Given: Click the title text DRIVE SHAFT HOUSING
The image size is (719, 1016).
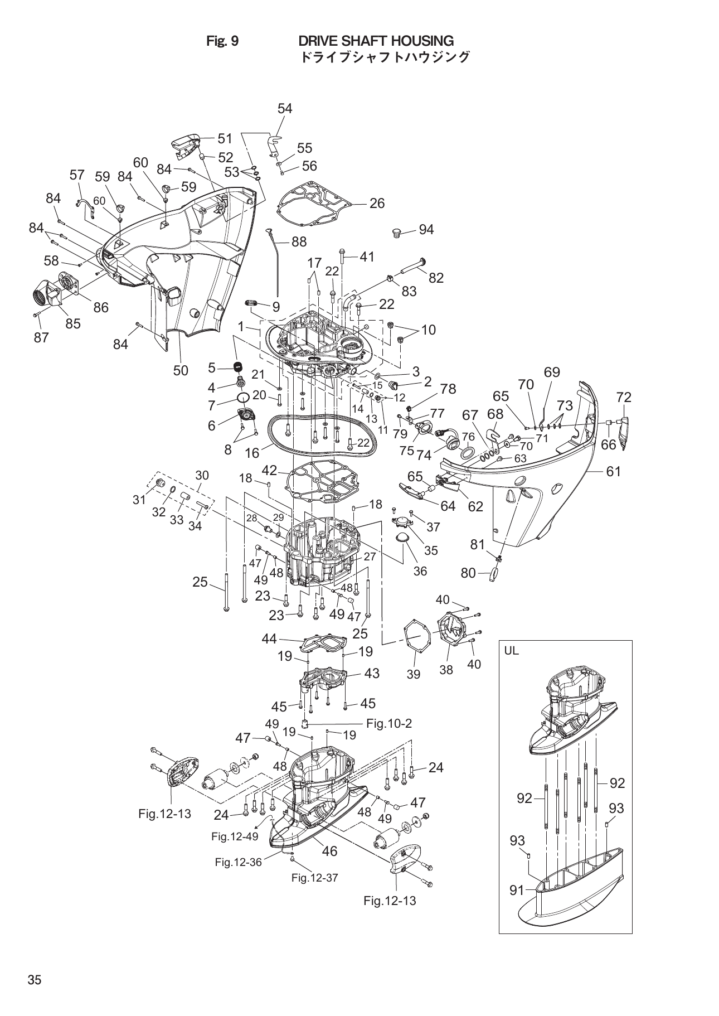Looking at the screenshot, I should tap(376, 41).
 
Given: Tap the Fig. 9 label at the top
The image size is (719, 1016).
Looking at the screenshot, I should tap(222, 41).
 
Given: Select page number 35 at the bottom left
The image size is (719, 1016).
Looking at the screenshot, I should tap(35, 981).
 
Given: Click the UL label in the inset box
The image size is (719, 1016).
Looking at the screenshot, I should tap(511, 651).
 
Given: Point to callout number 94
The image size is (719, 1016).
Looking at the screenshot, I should tap(426, 230).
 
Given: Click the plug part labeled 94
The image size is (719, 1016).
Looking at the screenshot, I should tap(397, 231).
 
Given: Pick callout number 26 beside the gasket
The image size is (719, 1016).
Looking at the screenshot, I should tap(377, 204).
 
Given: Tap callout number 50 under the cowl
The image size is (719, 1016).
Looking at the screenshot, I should tap(181, 370).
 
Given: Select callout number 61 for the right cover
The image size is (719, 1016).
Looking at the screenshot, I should tap(613, 471).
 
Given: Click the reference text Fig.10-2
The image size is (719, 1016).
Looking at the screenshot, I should tap(389, 723).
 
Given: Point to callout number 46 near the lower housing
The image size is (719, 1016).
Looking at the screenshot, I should tap(329, 851).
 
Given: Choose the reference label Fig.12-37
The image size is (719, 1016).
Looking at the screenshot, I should tap(315, 878).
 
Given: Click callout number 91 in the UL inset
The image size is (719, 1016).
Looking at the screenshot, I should tap(518, 891).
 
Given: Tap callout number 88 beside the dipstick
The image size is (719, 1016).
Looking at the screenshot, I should tap(299, 241).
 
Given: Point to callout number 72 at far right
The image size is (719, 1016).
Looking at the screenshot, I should tap(624, 398).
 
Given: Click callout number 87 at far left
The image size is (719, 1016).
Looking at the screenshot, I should tap(41, 337).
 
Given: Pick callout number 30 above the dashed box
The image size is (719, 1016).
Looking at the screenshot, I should tap(202, 475).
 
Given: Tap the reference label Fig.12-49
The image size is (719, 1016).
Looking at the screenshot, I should tap(235, 836).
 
